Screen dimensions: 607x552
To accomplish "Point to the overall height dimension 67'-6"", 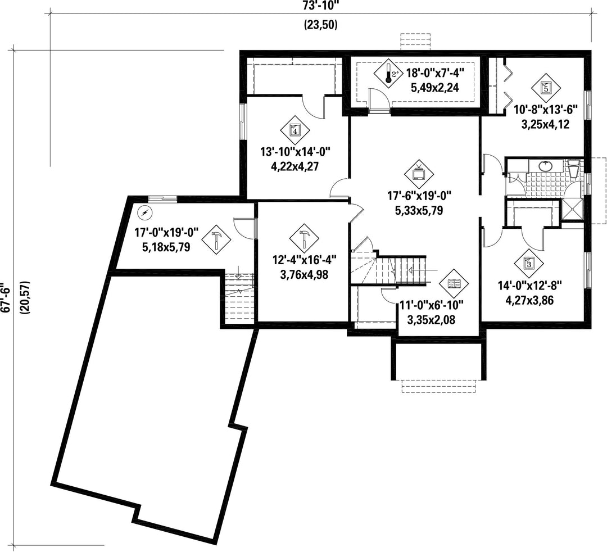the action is (x=6, y=296).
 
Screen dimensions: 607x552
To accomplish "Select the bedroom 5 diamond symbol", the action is (x=546, y=88).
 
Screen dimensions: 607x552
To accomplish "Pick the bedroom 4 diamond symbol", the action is (x=295, y=130).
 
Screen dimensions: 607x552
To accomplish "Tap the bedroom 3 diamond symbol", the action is (x=529, y=263).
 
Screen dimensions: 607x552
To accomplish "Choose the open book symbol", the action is (x=454, y=284).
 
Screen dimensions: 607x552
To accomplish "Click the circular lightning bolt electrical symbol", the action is (x=145, y=212).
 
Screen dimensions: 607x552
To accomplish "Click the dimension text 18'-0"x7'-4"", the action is (x=434, y=73).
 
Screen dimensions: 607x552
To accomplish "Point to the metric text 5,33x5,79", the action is (x=419, y=211).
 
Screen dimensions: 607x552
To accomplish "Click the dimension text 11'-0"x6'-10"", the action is (x=431, y=305).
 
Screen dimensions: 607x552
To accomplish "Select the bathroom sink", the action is (x=545, y=166).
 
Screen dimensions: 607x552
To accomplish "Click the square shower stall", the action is (x=572, y=210).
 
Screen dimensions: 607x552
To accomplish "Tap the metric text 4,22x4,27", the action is (x=295, y=166).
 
